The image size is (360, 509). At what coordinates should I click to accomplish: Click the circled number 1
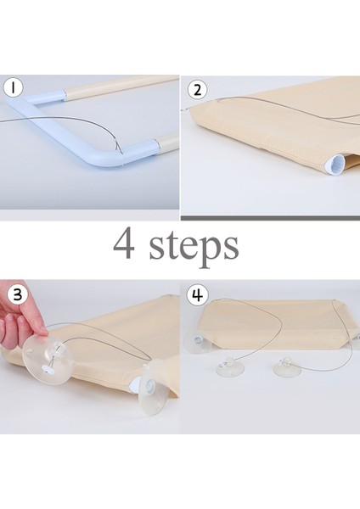click(14, 87)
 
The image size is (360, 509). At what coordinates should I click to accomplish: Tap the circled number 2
click(197, 89)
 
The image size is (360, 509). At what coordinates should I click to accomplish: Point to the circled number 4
click(197, 295)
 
